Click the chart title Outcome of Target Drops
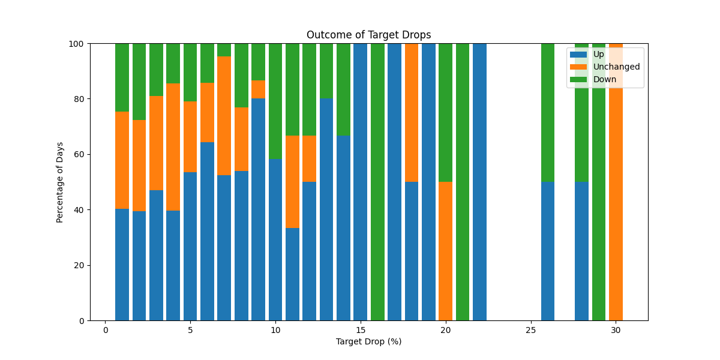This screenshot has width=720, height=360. pos(368,35)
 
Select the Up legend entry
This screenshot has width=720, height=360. pos(598,54)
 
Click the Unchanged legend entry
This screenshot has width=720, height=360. pos(616,67)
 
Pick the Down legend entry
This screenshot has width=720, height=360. pos(604,79)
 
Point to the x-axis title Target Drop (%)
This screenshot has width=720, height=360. pos(368,342)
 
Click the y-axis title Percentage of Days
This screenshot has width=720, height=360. pos(60,182)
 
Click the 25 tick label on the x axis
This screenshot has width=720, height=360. pos(531,330)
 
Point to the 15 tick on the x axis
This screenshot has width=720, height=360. pos(361,330)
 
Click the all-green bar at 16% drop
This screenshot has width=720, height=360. pos(377,182)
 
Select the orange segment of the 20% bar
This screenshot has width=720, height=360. pos(445,251)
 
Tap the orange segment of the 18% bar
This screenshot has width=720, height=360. pos(412,112)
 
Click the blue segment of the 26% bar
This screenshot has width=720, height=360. pos(548,251)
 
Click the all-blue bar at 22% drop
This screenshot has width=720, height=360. pos(479,182)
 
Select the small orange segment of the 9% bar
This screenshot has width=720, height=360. pos(258,89)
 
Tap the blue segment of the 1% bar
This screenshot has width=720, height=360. pos(122,265)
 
